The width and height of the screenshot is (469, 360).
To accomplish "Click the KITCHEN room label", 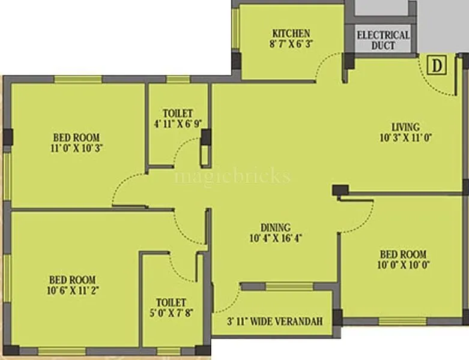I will (x=291, y=33).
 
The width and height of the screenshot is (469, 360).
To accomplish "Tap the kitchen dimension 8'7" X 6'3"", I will (x=291, y=44).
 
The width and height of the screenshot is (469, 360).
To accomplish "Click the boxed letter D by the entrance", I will (x=437, y=65).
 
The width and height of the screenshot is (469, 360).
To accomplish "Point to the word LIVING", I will (x=405, y=127).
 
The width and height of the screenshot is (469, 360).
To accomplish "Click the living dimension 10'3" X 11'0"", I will (x=405, y=137).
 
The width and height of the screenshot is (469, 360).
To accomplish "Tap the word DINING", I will (x=276, y=227).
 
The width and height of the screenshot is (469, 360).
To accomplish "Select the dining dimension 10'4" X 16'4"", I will (x=276, y=238).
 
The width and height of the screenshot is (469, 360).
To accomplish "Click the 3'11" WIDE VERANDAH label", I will (x=274, y=322).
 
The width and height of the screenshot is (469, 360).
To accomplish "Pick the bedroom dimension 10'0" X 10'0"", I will (x=402, y=264).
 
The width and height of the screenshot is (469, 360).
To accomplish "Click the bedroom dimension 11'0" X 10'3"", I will (x=76, y=148).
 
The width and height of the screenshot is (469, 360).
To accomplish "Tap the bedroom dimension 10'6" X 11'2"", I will (x=72, y=290).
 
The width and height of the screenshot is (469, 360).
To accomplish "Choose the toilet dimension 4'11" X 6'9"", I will (x=178, y=124).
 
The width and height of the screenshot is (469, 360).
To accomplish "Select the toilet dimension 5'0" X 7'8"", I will (x=171, y=313).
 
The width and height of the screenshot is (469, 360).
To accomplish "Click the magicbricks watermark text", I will (x=232, y=176).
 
